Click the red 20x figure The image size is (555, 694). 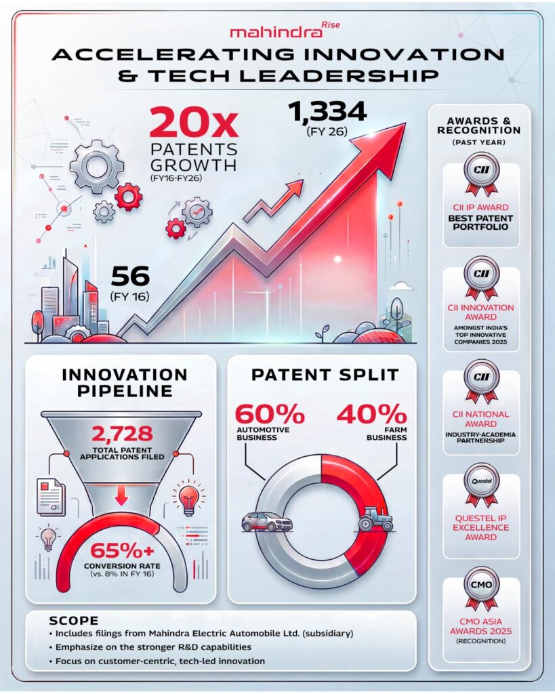194,123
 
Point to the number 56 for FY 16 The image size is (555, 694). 129,277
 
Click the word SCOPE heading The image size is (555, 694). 75,621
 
